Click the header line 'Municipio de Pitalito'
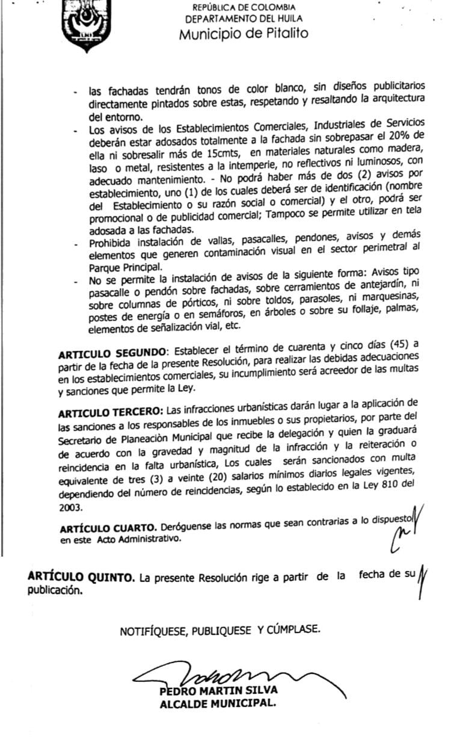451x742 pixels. pyautogui.click(x=244, y=34)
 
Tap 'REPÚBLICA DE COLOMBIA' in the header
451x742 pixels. pyautogui.click(x=244, y=8)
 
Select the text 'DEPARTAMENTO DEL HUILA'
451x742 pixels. pyautogui.click(x=244, y=19)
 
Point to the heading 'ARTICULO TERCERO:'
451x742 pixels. pyautogui.click(x=111, y=413)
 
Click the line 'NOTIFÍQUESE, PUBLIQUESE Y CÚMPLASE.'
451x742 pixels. pyautogui.click(x=220, y=631)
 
